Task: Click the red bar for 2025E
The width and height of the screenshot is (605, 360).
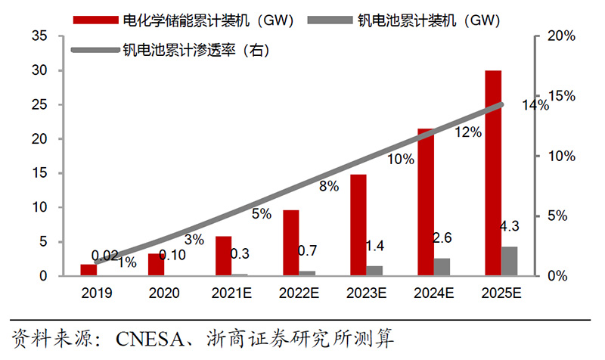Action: pyautogui.click(x=493, y=173)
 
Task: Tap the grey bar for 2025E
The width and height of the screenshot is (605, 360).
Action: pyautogui.click(x=510, y=261)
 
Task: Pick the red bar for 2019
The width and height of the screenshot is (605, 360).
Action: pyautogui.click(x=88, y=270)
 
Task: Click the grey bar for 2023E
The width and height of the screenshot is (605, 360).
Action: pyautogui.click(x=375, y=271)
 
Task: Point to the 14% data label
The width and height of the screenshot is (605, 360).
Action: pyautogui.click(x=535, y=106)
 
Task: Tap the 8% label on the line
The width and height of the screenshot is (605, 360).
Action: pyautogui.click(x=329, y=186)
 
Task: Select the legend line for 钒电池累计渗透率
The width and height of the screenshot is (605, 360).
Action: pyautogui.click(x=94, y=51)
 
